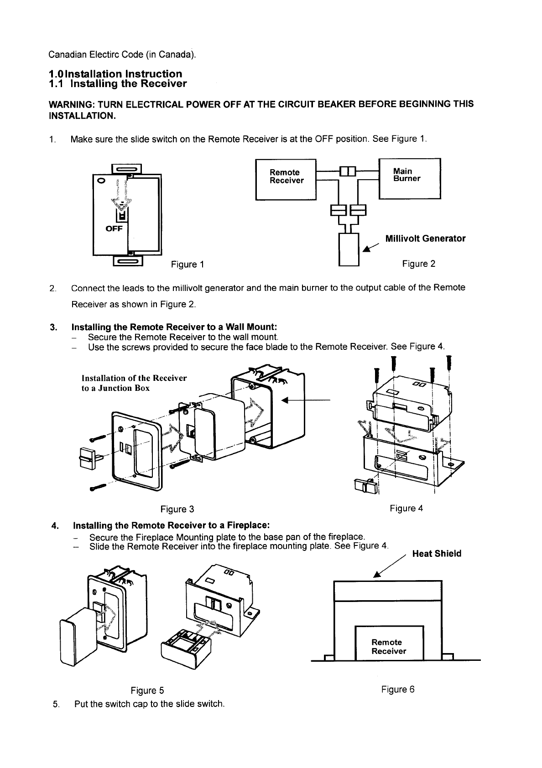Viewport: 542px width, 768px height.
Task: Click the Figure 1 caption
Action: click(187, 265)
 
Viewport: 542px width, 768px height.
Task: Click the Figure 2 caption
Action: click(418, 264)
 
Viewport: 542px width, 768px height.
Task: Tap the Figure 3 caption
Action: click(177, 509)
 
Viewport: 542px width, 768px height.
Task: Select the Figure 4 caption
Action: click(406, 508)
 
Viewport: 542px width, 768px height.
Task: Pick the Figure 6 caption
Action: click(398, 689)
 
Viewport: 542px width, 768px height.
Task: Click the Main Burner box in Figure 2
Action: click(409, 177)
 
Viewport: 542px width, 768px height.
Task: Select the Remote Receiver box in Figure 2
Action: click(286, 179)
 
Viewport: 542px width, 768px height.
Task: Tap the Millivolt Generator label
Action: click(425, 239)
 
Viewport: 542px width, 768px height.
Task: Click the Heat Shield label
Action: click(437, 554)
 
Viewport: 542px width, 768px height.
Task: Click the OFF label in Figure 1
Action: click(114, 229)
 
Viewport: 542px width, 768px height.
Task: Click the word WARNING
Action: click(71, 104)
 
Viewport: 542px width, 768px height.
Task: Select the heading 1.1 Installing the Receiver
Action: click(118, 84)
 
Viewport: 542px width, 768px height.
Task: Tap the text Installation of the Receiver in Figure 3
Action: click(134, 378)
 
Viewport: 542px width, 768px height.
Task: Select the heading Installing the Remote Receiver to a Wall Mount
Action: click(174, 327)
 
